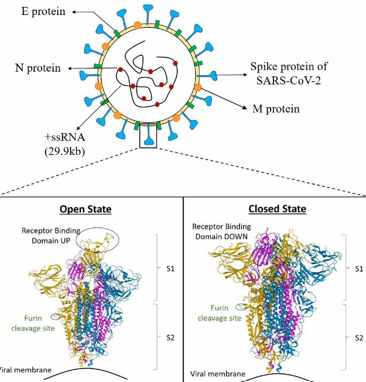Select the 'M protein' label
point(276,109)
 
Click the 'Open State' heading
point(85,209)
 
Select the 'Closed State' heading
point(277,209)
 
